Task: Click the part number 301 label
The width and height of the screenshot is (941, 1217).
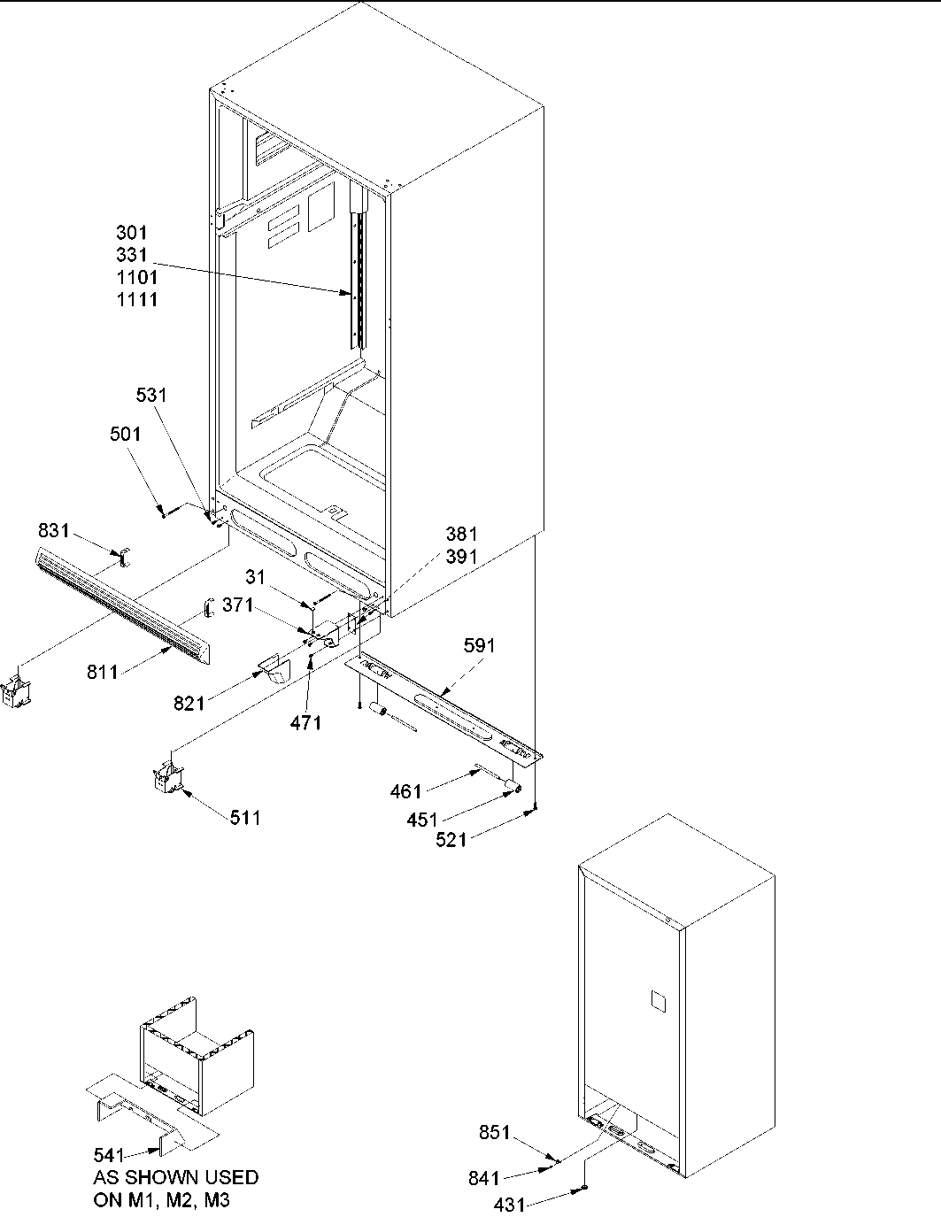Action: [132, 233]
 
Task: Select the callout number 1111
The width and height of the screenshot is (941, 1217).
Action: [137, 299]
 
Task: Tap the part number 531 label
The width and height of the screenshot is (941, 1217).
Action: [151, 395]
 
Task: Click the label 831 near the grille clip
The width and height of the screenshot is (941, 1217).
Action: [54, 530]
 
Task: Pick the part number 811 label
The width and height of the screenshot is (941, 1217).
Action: [103, 674]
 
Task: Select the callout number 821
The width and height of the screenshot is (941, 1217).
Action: [189, 704]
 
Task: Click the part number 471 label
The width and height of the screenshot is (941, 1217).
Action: [305, 723]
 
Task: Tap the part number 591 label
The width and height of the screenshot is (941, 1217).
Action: [479, 646]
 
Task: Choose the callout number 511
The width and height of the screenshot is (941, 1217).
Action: [245, 818]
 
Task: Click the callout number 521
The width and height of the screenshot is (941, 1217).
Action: [451, 839]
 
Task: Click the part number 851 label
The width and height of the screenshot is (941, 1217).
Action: [495, 1132]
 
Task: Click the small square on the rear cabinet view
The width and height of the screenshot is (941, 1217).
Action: [657, 999]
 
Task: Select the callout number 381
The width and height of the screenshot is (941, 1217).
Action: [461, 534]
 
